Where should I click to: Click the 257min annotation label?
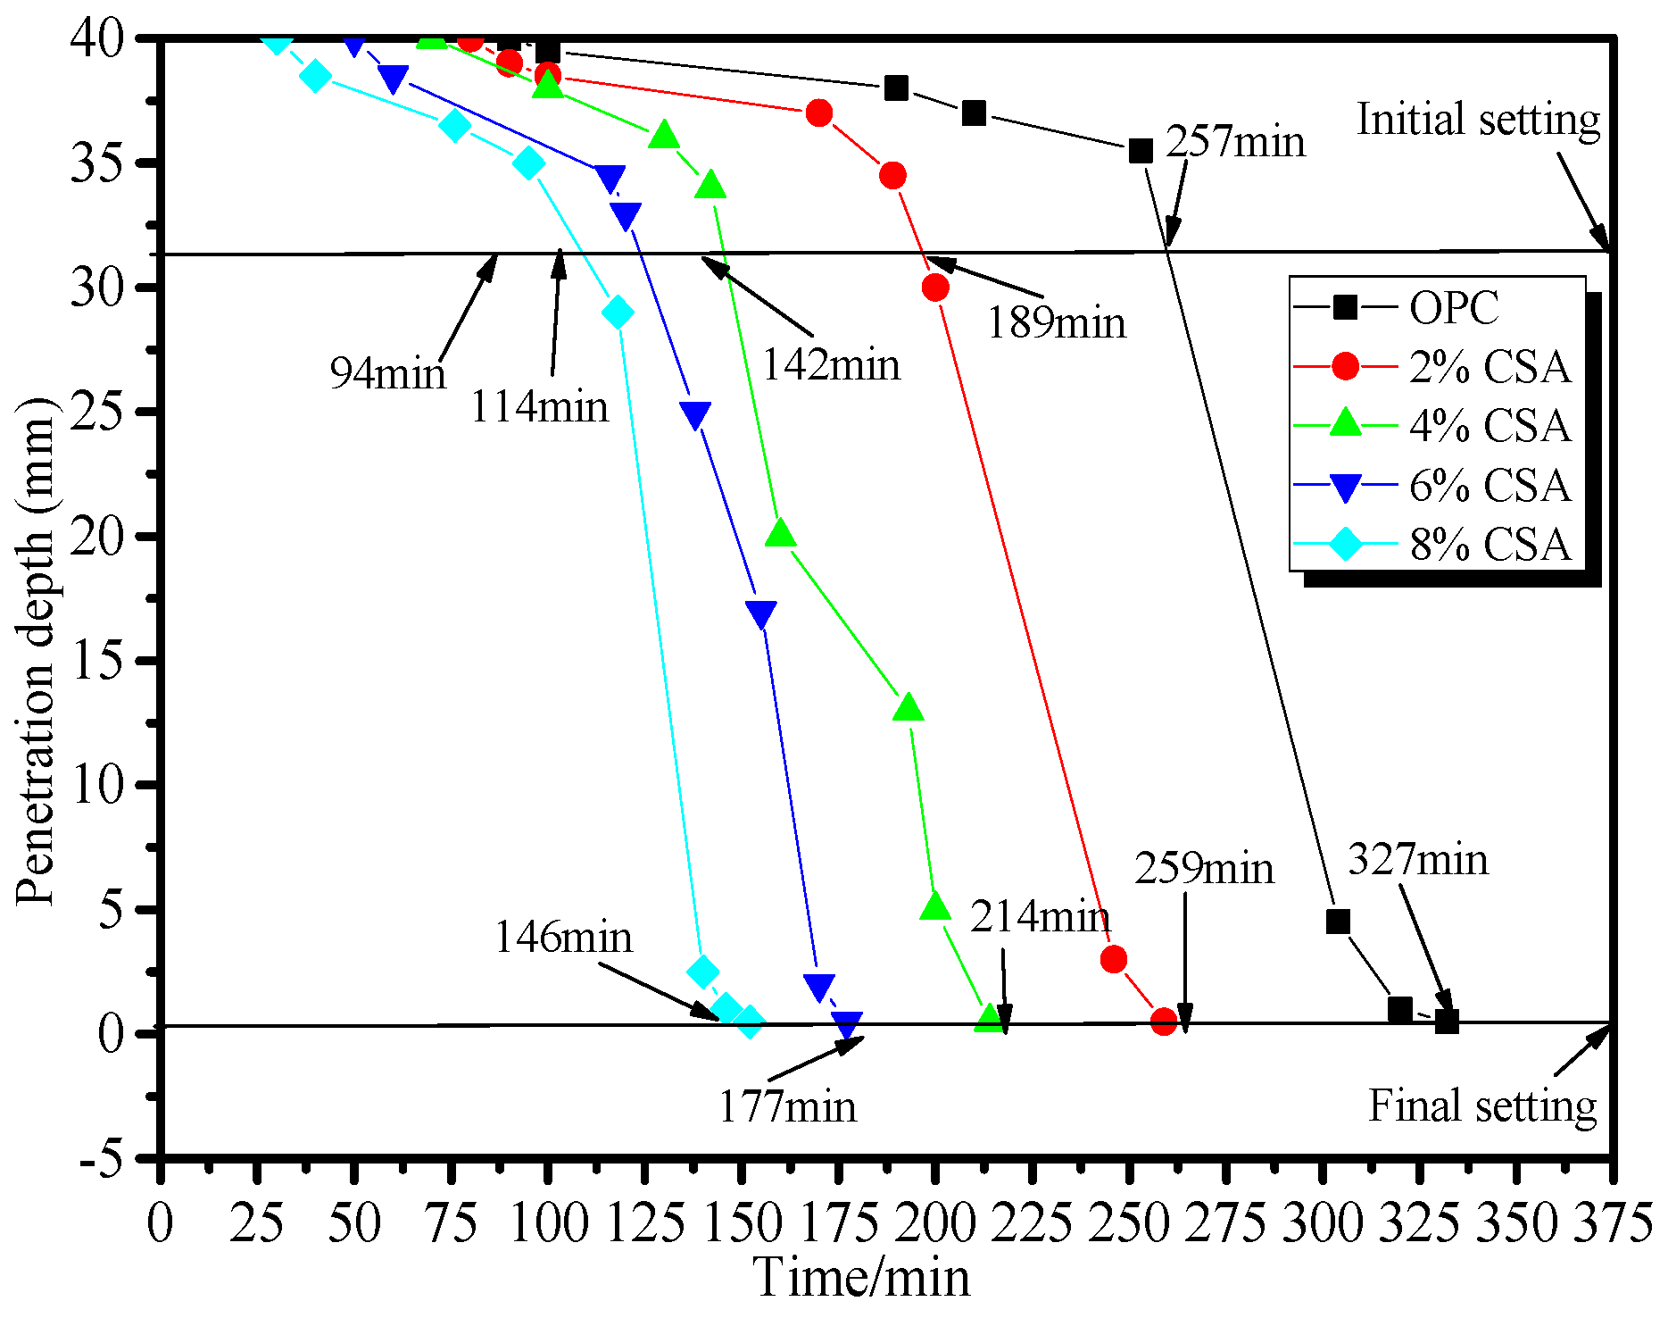[1235, 141]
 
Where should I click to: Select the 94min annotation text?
[387, 371]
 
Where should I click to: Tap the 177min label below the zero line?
[787, 1106]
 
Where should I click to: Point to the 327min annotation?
[1418, 860]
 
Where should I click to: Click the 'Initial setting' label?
[1478, 120]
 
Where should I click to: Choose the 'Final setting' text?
[1482, 1105]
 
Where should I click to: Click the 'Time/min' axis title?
[862, 1278]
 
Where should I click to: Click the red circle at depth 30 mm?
[935, 288]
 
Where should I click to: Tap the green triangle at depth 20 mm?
[781, 534]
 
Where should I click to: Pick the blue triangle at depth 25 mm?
[695, 414]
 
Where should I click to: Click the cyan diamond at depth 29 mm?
[618, 313]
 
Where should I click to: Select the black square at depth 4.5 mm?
[1337, 922]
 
